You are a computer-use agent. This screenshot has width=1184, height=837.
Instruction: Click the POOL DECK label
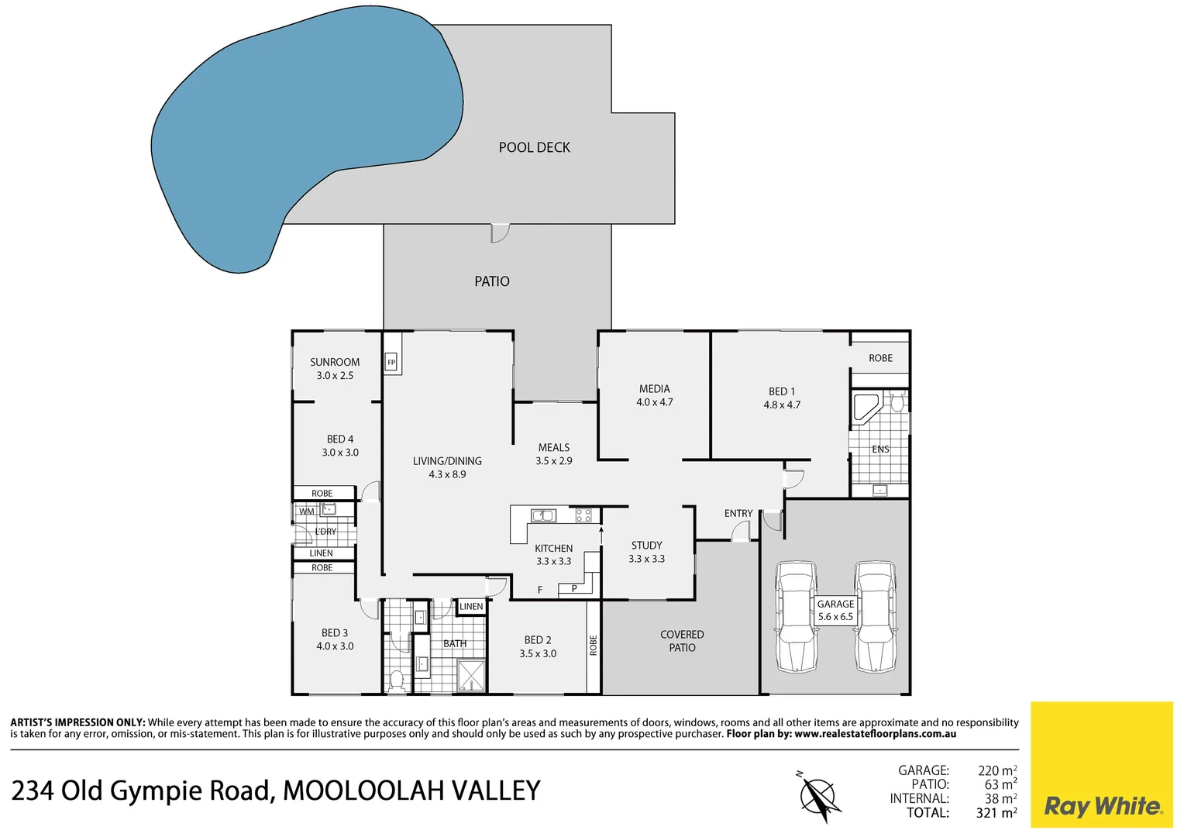534,147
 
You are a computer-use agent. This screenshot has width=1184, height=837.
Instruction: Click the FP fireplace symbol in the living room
391,363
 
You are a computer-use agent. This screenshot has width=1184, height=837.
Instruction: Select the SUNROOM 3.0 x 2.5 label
335,369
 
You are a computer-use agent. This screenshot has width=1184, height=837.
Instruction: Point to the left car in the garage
797,617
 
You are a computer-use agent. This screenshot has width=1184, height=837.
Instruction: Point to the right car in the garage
875,617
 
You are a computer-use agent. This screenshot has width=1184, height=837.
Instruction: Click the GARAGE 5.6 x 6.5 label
835,611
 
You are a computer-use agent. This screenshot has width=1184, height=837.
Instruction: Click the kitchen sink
542,515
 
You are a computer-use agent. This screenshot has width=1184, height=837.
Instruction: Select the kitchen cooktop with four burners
583,515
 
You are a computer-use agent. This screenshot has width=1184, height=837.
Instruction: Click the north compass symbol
819,797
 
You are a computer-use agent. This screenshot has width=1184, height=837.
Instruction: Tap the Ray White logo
1102,806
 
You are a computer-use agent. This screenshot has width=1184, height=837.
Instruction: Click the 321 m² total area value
996,813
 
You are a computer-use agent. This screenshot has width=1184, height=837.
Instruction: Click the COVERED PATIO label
682,641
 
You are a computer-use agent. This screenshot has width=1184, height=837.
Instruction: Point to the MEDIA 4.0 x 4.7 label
655,395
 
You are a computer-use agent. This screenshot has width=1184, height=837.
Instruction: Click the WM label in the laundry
307,511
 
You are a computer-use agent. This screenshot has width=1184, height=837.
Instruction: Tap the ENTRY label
738,513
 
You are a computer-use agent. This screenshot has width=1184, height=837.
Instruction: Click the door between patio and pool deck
500,232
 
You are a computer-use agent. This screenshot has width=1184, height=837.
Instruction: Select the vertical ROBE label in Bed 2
594,646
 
